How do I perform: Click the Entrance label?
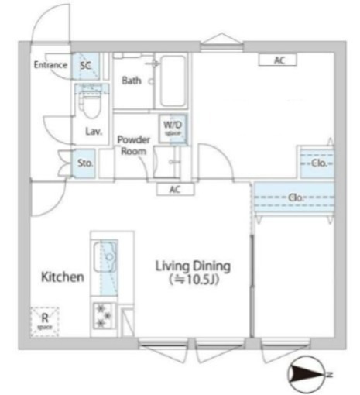pyautogui.click(x=51, y=66)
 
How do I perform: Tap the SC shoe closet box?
pyautogui.click(x=86, y=67)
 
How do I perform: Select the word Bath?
pyautogui.click(x=131, y=80)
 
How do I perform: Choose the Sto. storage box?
pyautogui.click(x=85, y=163)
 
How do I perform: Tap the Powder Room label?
pyautogui.click(x=132, y=145)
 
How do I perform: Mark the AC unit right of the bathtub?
pyautogui.click(x=277, y=59)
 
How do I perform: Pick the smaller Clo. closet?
pyautogui.click(x=317, y=163)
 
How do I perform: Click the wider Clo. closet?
pyautogui.click(x=294, y=198)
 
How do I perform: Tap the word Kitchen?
pyautogui.click(x=62, y=277)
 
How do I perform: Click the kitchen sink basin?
pyautogui.click(x=105, y=256)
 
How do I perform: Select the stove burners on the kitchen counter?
pyautogui.click(x=103, y=314)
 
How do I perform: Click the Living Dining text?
pyautogui.click(x=193, y=266)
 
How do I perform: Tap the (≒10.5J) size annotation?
pyautogui.click(x=194, y=280)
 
